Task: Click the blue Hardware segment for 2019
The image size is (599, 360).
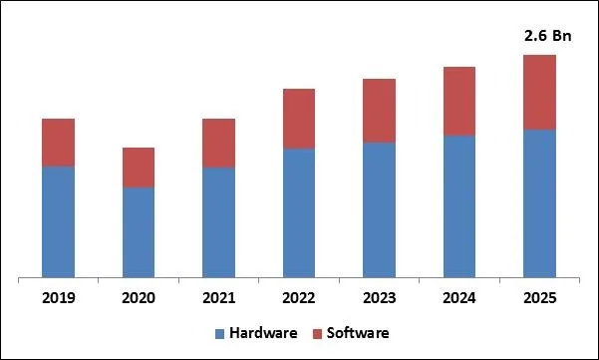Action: pyautogui.click(x=58, y=221)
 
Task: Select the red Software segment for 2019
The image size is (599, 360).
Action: pyautogui.click(x=58, y=142)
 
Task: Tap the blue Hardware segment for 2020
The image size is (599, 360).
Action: pyautogui.click(x=139, y=231)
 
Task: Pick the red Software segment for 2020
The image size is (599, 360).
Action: pyautogui.click(x=139, y=168)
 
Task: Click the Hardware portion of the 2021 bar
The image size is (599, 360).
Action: pyautogui.click(x=218, y=221)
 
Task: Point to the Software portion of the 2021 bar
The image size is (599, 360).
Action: pyautogui.click(x=218, y=143)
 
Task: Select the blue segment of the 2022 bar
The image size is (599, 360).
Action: pyautogui.click(x=299, y=212)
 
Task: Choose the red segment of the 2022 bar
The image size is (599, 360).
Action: pyautogui.click(x=299, y=119)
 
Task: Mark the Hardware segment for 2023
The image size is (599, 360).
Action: pyautogui.click(x=379, y=209)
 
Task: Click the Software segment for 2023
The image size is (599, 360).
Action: pyautogui.click(x=379, y=111)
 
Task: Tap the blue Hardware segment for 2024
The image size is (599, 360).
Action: pyautogui.click(x=459, y=205)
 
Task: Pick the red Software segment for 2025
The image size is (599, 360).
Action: pyautogui.click(x=539, y=92)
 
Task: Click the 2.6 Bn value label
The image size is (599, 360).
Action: pyautogui.click(x=544, y=36)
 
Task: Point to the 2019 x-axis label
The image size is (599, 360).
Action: pyautogui.click(x=58, y=298)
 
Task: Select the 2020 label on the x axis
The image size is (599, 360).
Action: pyautogui.click(x=139, y=298)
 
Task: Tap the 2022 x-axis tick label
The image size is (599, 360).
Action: pyautogui.click(x=299, y=298)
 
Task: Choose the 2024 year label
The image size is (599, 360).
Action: pyautogui.click(x=459, y=298)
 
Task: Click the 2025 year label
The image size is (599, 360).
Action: pyautogui.click(x=539, y=298)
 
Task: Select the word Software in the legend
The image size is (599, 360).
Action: pyautogui.click(x=357, y=332)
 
